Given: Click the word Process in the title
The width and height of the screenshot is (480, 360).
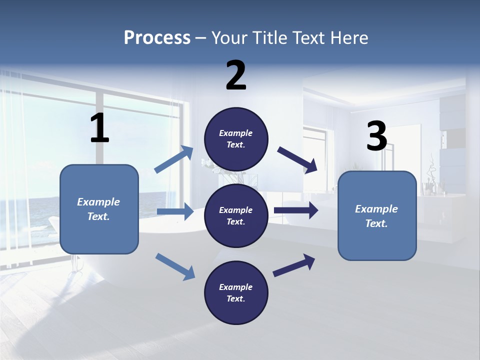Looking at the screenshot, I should [157, 38].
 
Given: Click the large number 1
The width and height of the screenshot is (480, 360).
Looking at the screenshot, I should [99, 128].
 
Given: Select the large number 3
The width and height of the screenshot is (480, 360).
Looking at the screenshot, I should [376, 136].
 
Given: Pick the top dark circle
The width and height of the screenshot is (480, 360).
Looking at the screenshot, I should [236, 139].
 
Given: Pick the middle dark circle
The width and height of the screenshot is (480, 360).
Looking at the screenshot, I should [236, 215].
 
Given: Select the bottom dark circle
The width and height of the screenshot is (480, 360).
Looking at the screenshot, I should [236, 292].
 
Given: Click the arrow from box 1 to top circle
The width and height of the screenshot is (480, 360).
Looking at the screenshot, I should [174, 160].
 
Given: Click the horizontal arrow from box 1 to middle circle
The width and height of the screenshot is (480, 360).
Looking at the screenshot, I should [175, 211].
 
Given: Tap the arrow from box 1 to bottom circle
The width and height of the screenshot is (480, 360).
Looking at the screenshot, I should [175, 266].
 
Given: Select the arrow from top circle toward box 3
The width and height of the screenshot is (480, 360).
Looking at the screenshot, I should [297, 160].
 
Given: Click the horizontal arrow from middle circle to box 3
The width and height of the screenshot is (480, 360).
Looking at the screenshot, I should [296, 210].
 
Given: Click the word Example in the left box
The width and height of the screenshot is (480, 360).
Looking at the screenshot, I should [98, 202].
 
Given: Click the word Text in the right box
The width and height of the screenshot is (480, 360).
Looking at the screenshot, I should [375, 223].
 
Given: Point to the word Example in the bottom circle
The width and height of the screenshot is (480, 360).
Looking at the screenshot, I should [236, 287].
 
